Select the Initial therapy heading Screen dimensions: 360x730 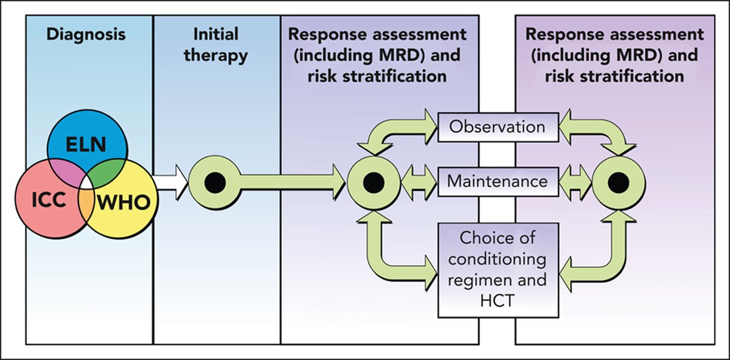[217, 44]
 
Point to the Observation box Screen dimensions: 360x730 [498, 127]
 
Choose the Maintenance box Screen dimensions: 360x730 [498, 181]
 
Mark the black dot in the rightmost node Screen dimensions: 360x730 [618, 181]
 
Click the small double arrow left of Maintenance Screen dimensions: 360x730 [420, 181]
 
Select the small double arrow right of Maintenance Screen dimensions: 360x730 [574, 181]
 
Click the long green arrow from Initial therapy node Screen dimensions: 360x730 [286, 181]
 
